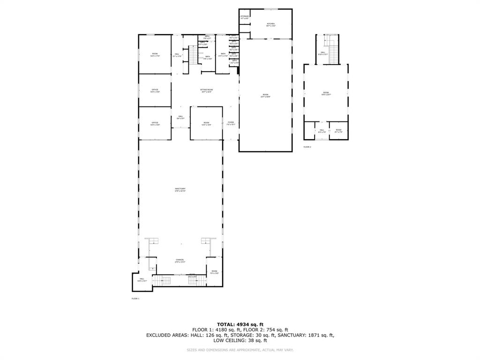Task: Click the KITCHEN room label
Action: click(x=270, y=24)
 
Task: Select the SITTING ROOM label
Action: click(x=207, y=90)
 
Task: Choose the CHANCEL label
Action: click(x=180, y=261)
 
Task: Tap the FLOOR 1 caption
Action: click(x=135, y=298)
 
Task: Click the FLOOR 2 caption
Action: click(x=307, y=147)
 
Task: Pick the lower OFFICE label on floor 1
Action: click(x=155, y=124)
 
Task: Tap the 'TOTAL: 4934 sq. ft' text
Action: click(x=240, y=324)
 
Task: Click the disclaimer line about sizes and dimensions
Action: click(x=240, y=350)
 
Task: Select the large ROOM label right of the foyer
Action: click(x=265, y=96)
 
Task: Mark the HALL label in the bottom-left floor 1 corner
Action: click(x=142, y=280)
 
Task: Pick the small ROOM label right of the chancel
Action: click(x=214, y=272)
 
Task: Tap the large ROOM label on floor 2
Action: click(x=326, y=93)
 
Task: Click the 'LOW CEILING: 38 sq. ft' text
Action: click(x=240, y=341)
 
